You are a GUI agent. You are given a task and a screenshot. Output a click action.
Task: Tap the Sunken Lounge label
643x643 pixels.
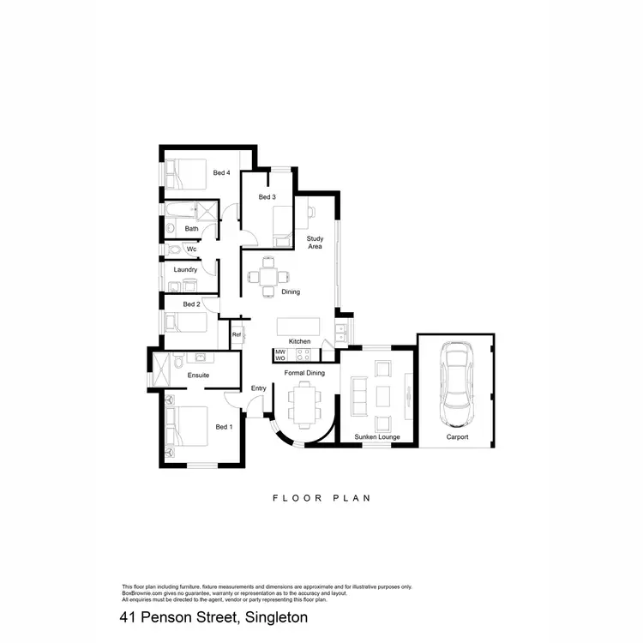(x=376, y=437)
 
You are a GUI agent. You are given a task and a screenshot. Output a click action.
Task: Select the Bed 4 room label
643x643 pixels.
(x=221, y=173)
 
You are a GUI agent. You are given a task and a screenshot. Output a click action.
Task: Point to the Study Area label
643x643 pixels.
(x=315, y=242)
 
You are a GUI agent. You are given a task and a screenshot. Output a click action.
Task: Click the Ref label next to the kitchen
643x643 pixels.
(x=236, y=334)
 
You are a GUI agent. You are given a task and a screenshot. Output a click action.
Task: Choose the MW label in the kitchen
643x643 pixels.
(x=280, y=352)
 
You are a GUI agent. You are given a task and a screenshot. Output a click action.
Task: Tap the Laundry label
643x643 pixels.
(x=186, y=270)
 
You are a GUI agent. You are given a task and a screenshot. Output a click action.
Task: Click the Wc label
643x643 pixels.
(x=191, y=249)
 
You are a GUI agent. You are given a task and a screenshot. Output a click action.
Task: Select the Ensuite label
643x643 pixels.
(x=199, y=375)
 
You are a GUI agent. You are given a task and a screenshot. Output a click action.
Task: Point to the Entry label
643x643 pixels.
(x=259, y=388)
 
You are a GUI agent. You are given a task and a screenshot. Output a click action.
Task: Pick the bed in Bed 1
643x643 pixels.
(x=189, y=426)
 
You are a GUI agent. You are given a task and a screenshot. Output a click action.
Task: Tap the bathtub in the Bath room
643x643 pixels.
(x=182, y=211)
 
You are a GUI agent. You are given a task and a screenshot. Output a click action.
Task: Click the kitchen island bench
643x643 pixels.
(x=298, y=326)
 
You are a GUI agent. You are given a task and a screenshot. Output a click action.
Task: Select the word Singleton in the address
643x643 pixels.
(x=276, y=617)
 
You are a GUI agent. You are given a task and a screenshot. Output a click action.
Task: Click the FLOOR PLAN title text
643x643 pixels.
(x=321, y=497)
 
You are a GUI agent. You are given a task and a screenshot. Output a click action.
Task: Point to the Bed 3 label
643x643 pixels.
(x=267, y=197)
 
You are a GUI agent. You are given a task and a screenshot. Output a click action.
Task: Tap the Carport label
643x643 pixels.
(x=458, y=437)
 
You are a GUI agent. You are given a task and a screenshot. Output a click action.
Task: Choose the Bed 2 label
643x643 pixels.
(x=191, y=304)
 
